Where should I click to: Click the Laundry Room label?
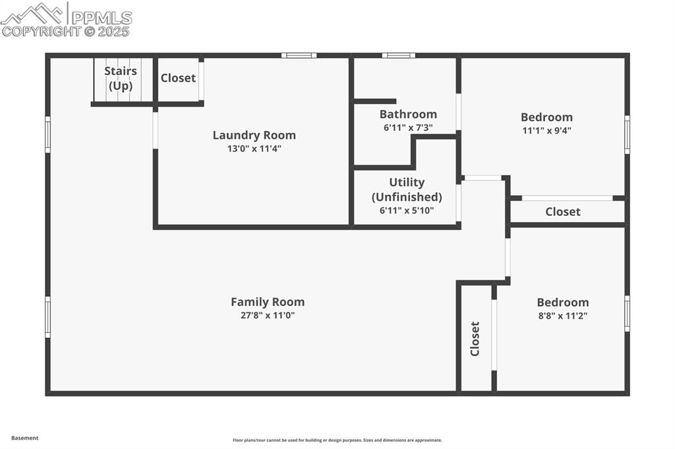tap(254, 135)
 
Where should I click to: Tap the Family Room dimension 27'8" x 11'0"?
tap(267, 315)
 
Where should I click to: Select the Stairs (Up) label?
tap(121, 78)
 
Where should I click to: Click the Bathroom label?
tap(407, 114)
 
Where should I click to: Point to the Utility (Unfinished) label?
tap(407, 190)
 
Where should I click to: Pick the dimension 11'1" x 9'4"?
tap(546, 130)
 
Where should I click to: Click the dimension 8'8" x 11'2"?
tap(562, 315)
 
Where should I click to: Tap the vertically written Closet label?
tap(475, 338)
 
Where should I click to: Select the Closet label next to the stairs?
tap(178, 78)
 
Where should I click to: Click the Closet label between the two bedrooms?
tap(562, 211)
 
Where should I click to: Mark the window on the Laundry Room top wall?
tap(299, 55)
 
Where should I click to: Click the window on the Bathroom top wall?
tap(398, 55)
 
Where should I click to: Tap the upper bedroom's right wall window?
tap(627, 134)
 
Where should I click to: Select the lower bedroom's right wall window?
tap(627, 313)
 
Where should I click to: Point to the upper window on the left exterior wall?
tap(47, 134)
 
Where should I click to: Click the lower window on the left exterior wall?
tap(47, 317)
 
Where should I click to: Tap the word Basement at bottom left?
tap(24, 438)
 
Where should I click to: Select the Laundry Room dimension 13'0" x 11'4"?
tap(254, 149)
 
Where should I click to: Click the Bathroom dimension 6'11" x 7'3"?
tap(407, 128)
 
